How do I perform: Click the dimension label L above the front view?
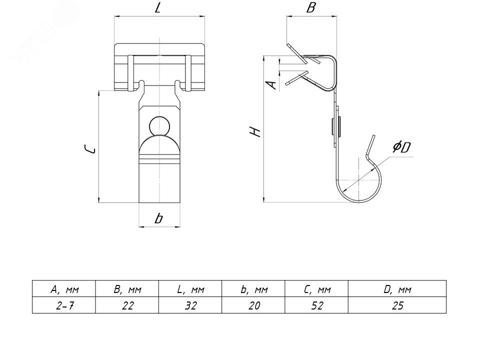[158, 8]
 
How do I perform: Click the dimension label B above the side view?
[310, 8]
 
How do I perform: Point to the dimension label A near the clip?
[271, 83]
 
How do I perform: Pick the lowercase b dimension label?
[159, 218]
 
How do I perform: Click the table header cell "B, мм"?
[126, 289]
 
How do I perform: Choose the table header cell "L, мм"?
[190, 289]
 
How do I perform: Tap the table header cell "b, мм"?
[253, 289]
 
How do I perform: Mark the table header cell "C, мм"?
[316, 289]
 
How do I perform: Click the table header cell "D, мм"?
[397, 289]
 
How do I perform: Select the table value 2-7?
[63, 305]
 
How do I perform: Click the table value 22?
[126, 305]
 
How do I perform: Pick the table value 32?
[190, 305]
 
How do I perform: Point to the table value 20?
[253, 305]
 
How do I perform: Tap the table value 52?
[316, 305]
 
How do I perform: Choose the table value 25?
[397, 305]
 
